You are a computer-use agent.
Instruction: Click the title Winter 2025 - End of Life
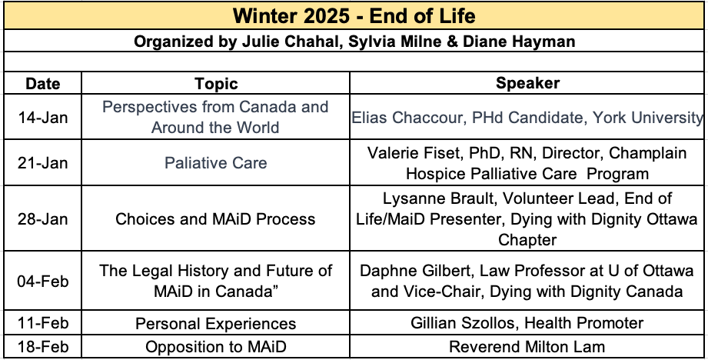354,16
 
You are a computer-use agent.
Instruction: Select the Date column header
43,84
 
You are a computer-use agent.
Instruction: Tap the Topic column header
216,84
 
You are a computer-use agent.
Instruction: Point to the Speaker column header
527,83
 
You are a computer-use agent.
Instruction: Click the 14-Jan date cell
43,118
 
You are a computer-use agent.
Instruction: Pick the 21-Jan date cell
43,163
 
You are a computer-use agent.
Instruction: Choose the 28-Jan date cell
43,219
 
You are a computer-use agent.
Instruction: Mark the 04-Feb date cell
43,281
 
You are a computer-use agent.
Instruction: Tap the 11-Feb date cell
43,323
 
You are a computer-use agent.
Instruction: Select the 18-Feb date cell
43,347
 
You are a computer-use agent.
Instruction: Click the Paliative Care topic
216,163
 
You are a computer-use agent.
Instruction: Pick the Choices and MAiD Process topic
215,219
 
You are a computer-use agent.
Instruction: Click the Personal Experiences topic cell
216,324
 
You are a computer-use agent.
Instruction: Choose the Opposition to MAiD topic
216,347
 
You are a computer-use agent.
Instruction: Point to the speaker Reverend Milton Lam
527,347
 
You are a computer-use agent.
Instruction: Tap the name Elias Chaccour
408,118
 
